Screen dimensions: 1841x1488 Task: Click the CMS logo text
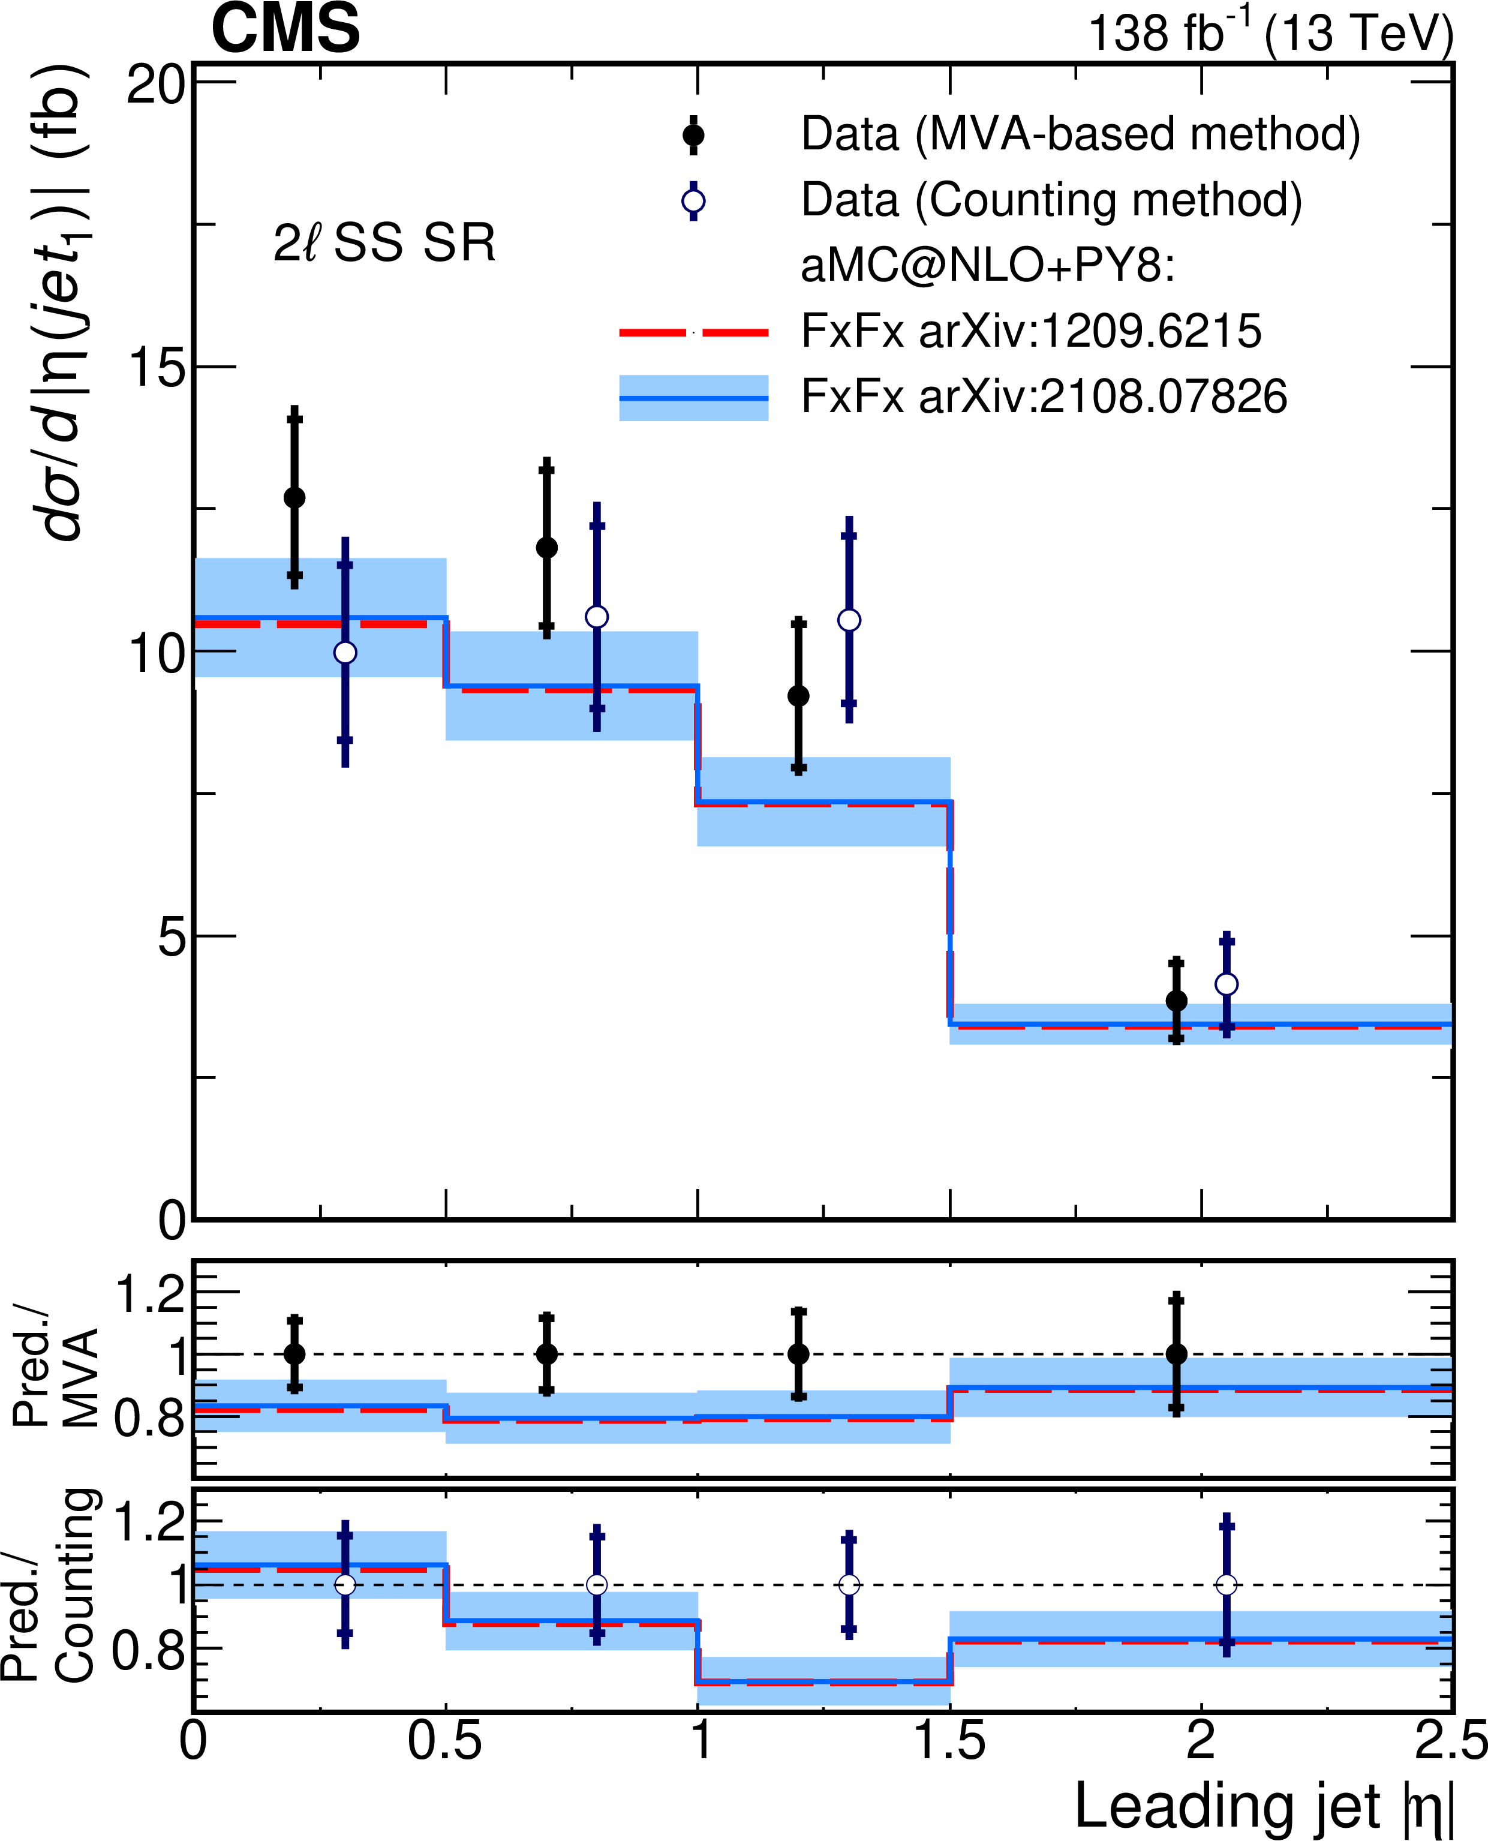285,30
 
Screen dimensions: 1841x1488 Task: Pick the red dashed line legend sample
693,332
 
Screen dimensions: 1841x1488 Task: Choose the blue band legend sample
693,398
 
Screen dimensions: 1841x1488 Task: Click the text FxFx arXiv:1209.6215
1031,331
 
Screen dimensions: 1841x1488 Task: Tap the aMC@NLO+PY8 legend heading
987,266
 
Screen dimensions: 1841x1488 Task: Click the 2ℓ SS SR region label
384,244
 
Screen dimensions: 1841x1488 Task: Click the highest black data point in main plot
294,498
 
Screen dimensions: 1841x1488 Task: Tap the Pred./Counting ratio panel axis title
52,1594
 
